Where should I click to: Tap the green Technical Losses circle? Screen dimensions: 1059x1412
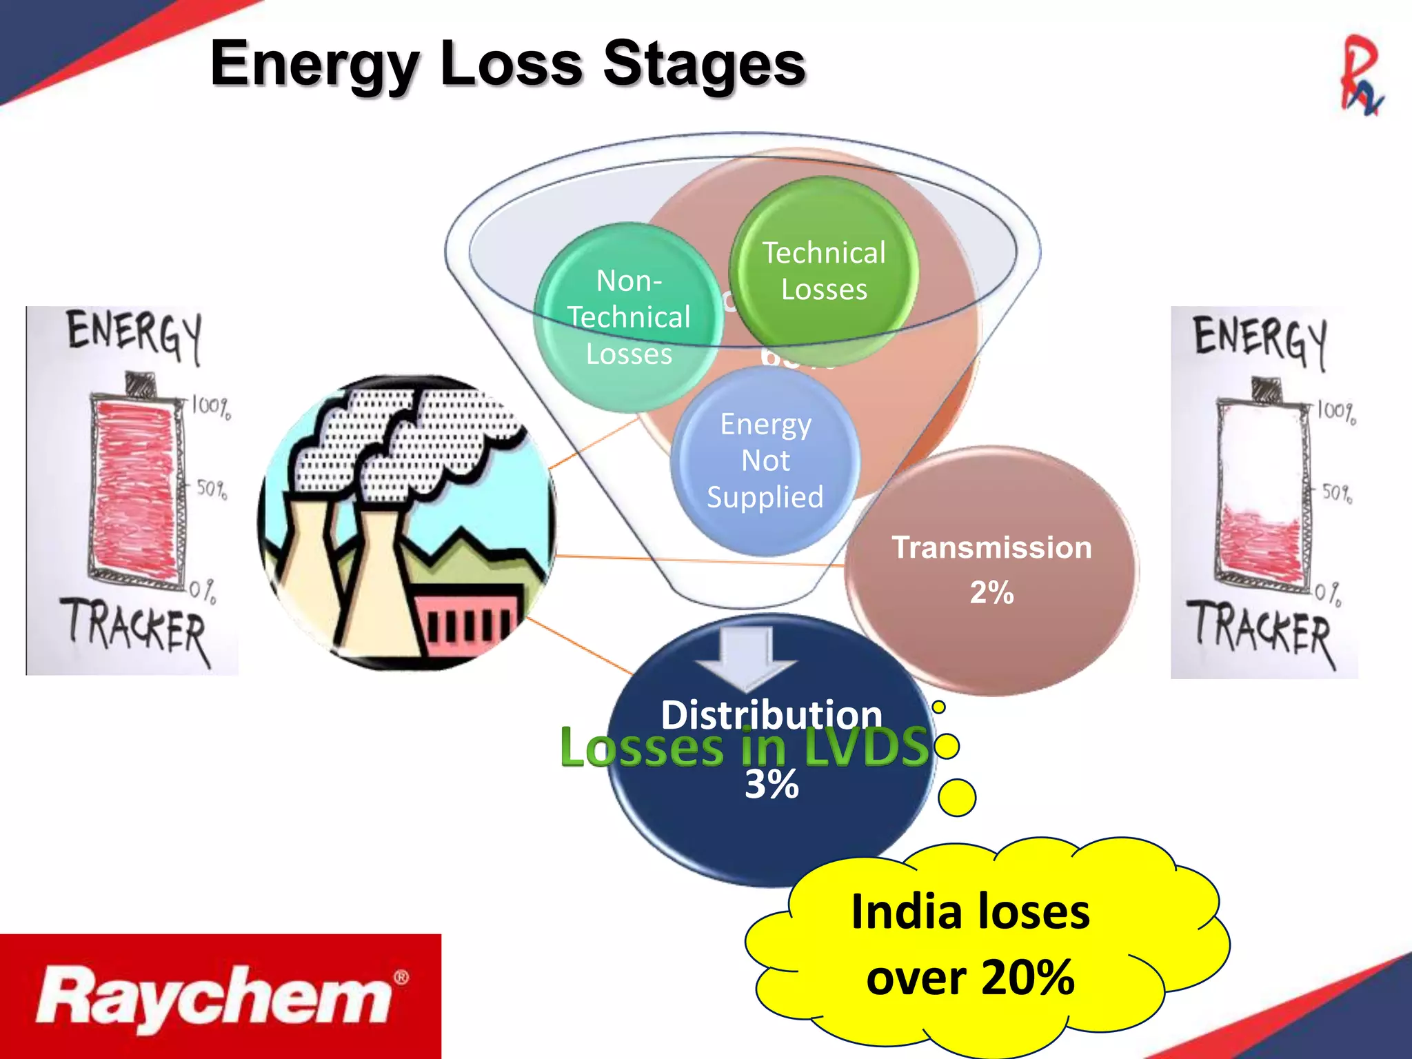click(824, 271)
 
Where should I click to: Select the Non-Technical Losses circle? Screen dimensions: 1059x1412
click(628, 318)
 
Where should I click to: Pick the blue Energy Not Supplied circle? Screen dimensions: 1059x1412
click(765, 461)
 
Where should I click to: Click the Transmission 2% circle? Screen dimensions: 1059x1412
click(991, 569)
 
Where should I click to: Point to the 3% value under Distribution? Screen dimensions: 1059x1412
click(771, 785)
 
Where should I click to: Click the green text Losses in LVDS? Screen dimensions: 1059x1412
click(745, 747)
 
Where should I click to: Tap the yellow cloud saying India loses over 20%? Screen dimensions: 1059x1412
click(971, 945)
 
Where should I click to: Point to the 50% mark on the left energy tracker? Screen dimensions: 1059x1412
click(211, 489)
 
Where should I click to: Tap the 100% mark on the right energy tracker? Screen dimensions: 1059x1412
click(1336, 412)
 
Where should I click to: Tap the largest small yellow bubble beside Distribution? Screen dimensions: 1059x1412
click(957, 798)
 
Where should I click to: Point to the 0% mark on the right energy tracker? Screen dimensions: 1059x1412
click(1327, 593)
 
